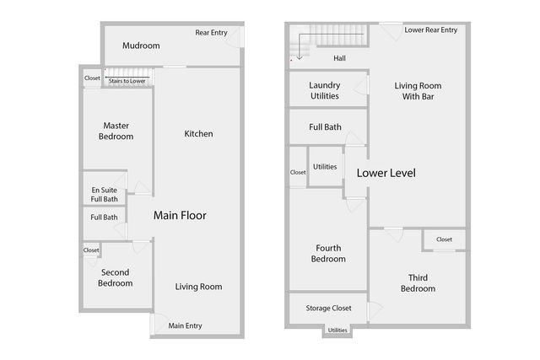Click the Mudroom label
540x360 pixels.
click(x=142, y=46)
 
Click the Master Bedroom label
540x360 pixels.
click(x=116, y=131)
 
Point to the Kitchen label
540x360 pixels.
click(x=198, y=134)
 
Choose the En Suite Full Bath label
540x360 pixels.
click(x=105, y=195)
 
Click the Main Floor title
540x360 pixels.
click(x=180, y=216)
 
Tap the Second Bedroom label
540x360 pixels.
click(x=116, y=278)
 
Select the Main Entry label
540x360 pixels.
click(x=186, y=326)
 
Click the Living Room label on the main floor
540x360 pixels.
click(x=198, y=287)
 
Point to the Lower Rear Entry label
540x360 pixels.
click(x=430, y=30)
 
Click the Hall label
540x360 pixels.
click(x=340, y=58)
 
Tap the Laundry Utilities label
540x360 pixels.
click(x=324, y=91)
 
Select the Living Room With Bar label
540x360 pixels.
click(x=418, y=91)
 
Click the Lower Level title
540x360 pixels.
click(x=386, y=173)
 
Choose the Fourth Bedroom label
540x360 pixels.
click(x=328, y=253)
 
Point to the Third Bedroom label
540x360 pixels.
click(x=418, y=283)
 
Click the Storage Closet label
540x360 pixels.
click(x=328, y=309)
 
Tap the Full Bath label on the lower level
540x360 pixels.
click(x=325, y=127)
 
